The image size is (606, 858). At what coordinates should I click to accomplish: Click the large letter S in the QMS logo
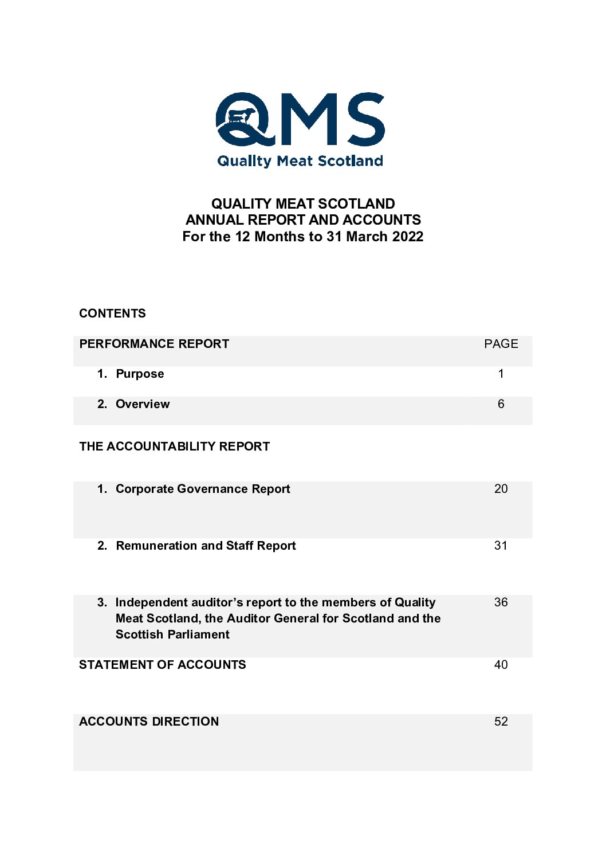tap(360, 119)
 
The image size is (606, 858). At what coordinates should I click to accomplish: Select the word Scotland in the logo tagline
tap(350, 161)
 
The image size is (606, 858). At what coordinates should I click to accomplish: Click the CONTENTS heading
tap(112, 314)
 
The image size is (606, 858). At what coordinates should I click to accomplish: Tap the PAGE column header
tap(501, 344)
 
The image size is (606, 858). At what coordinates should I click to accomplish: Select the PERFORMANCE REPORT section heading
tap(154, 344)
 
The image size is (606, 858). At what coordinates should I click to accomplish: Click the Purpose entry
tap(140, 374)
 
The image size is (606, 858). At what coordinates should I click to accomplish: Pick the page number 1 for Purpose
tap(501, 374)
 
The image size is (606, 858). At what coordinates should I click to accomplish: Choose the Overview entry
tap(143, 404)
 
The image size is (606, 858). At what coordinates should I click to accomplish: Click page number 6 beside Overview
tap(501, 404)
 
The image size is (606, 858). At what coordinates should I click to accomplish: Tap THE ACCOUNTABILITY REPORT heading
tap(174, 446)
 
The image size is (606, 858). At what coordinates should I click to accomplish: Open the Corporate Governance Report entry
tap(203, 489)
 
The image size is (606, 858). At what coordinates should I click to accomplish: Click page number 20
tap(501, 489)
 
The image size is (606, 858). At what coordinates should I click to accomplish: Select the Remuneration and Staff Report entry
tap(206, 546)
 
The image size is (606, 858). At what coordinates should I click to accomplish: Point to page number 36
tap(501, 602)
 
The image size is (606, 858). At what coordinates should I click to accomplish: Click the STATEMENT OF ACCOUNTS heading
tap(162, 665)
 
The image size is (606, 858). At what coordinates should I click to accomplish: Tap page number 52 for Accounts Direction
tap(501, 722)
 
